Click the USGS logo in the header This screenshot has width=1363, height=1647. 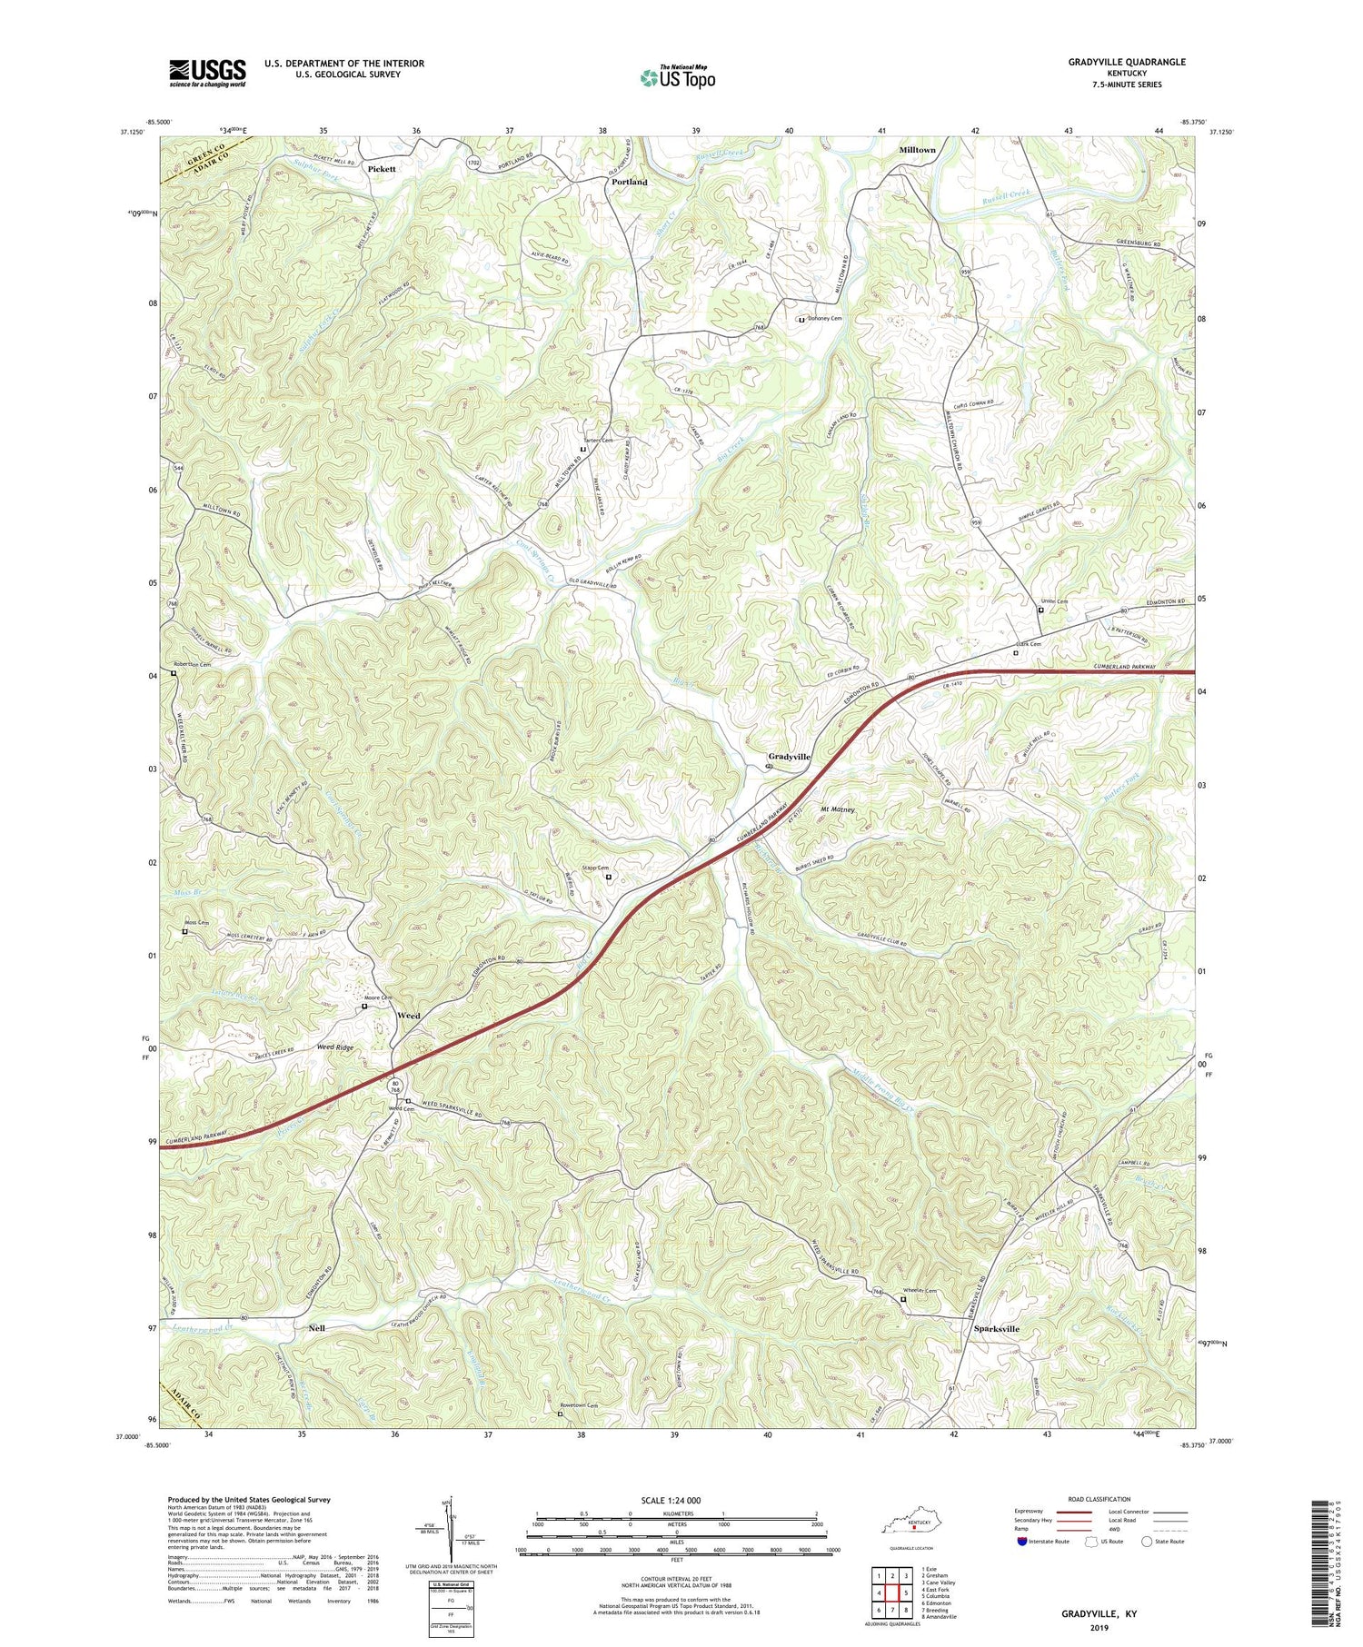(207, 73)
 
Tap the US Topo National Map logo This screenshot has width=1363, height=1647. (677, 77)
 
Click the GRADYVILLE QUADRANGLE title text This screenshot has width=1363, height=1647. (1114, 62)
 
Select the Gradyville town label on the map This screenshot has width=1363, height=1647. (789, 757)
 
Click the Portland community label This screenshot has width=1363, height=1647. (629, 182)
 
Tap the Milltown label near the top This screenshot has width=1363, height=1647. (917, 149)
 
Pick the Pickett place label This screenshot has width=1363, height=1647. (382, 169)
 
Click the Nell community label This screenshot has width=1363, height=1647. (316, 1328)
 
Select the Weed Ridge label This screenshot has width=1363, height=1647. (334, 1047)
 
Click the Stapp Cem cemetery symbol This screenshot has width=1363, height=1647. (609, 877)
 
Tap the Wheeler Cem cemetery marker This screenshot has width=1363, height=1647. (902, 1299)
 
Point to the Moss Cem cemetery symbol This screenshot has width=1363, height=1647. (184, 931)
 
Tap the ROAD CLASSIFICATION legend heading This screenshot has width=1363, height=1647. (1099, 1500)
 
